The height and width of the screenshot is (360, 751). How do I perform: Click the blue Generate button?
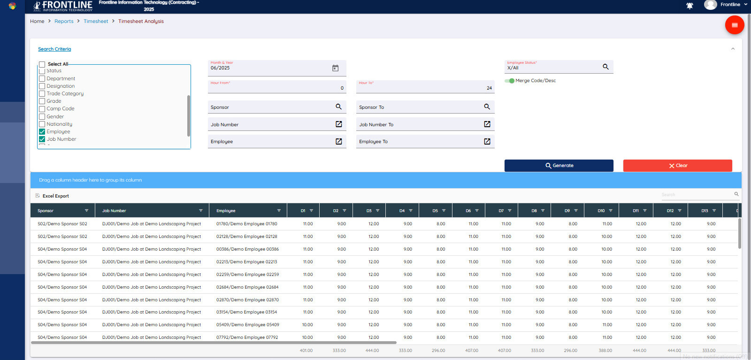pos(559,166)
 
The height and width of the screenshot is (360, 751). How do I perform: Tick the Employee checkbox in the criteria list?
pos(42,132)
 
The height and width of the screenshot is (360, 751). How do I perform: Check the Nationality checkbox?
pos(42,124)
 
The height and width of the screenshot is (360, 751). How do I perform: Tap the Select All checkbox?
pos(42,64)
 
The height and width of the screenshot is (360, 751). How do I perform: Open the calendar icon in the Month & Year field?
pos(335,68)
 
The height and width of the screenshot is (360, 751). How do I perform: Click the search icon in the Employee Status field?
pos(605,67)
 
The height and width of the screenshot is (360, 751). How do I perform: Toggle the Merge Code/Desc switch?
pos(509,81)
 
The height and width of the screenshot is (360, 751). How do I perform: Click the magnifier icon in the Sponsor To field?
pos(487,107)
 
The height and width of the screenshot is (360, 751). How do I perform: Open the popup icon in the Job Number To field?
pos(487,124)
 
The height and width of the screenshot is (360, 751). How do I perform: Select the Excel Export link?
pos(55,196)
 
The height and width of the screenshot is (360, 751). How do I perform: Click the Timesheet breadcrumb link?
pos(96,22)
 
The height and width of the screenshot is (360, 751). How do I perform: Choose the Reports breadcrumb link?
pos(64,22)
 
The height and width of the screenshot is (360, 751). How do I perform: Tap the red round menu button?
pos(734,25)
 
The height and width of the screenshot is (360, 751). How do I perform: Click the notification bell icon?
pos(690,6)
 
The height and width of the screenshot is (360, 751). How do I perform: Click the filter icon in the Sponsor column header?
pos(86,211)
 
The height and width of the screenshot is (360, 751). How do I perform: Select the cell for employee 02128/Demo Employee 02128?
pos(246,237)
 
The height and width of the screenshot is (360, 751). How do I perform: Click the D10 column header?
pos(601,211)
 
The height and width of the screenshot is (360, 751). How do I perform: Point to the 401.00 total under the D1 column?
pos(306,351)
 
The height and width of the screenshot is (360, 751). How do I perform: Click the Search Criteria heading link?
pos(54,49)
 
